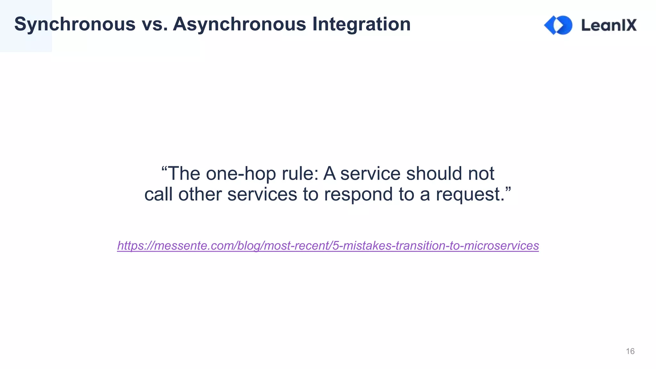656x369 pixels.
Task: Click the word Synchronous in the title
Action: [x=75, y=24]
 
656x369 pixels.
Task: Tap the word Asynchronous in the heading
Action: [x=240, y=24]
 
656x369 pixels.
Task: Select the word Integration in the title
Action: [x=361, y=24]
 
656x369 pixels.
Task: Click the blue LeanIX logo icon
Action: [x=558, y=25]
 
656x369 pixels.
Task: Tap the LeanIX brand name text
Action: [x=609, y=25]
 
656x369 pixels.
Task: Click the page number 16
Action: [x=630, y=351]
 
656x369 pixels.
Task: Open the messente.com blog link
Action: [x=328, y=246]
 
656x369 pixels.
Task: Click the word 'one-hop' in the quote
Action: [x=241, y=174]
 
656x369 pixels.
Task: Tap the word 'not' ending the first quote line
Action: [x=481, y=174]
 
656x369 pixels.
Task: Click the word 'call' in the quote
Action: [x=158, y=194]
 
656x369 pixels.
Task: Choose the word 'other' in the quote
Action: [x=200, y=194]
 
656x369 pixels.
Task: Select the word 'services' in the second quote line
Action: [x=262, y=194]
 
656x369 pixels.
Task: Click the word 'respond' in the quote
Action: [x=358, y=194]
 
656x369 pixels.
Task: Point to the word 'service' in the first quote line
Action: [x=370, y=174]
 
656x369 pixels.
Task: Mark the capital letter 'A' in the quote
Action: [x=330, y=174]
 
